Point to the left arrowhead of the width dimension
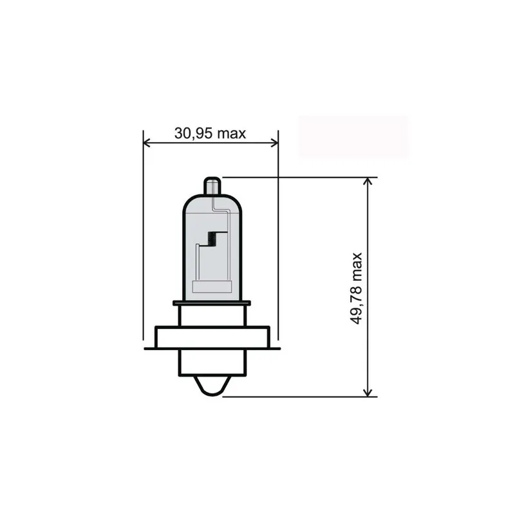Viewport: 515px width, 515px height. click(147, 142)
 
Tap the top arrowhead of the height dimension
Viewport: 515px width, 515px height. click(368, 182)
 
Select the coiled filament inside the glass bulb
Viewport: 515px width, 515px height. click(211, 239)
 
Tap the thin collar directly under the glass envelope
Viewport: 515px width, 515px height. click(211, 303)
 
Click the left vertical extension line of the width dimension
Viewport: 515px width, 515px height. click(143, 257)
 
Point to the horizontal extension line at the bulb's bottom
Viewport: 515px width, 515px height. click(303, 396)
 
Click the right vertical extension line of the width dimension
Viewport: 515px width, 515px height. click(278, 257)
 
